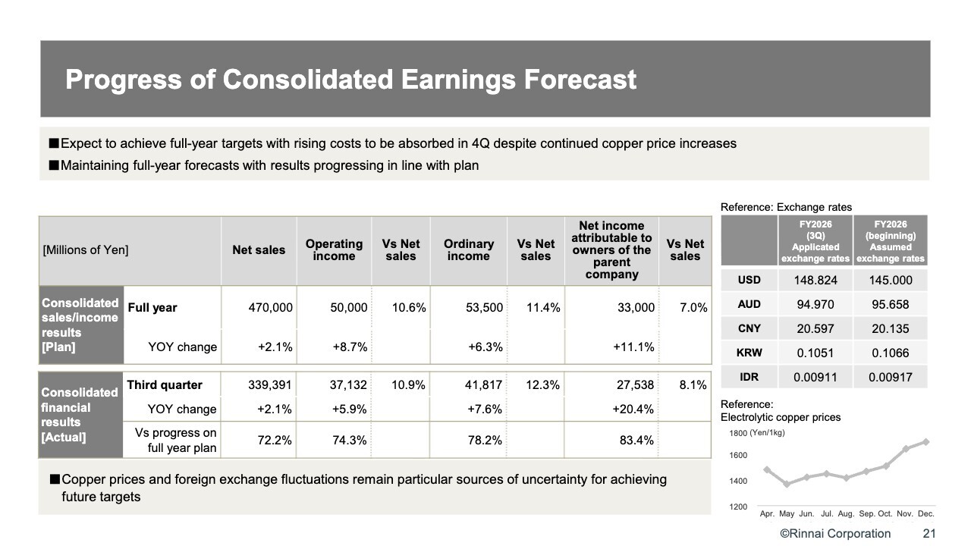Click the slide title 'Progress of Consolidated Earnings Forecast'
click(x=350, y=80)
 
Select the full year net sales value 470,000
click(x=271, y=308)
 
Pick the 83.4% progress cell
click(x=634, y=441)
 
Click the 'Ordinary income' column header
click(x=468, y=250)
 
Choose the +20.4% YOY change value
click(x=633, y=409)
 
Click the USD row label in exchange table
click(x=749, y=280)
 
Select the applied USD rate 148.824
click(x=815, y=281)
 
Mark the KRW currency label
click(x=749, y=353)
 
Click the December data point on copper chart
click(x=925, y=441)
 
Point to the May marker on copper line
click(x=787, y=484)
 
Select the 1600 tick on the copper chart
click(x=739, y=455)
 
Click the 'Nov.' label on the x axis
click(x=905, y=514)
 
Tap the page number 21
click(x=929, y=533)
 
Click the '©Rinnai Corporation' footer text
click(x=836, y=533)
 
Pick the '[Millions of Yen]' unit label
click(x=86, y=250)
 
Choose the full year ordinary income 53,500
click(x=485, y=308)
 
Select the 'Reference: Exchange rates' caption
click(x=786, y=207)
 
